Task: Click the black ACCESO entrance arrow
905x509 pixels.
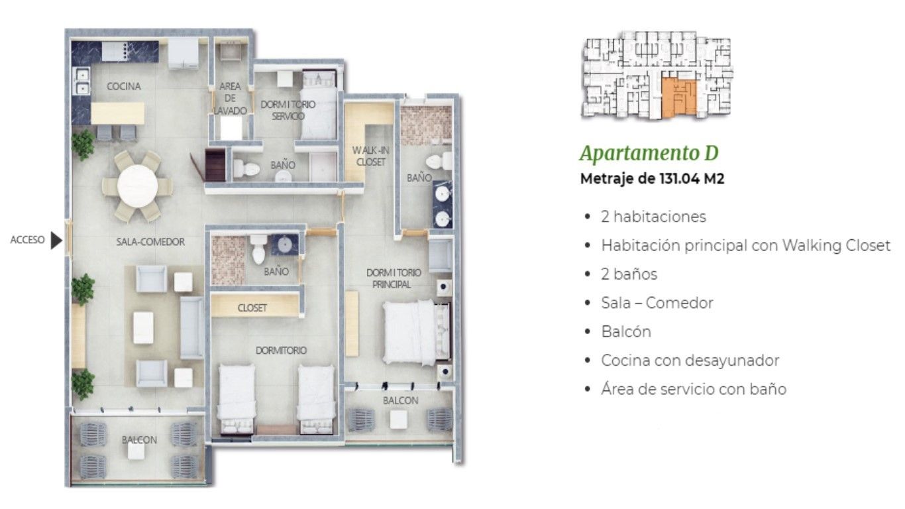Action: pyautogui.click(x=56, y=241)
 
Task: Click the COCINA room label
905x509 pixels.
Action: pyautogui.click(x=124, y=86)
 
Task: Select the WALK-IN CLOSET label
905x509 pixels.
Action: pyautogui.click(x=371, y=156)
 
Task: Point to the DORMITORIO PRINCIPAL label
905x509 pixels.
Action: pyautogui.click(x=391, y=278)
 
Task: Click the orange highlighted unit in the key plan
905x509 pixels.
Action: pyautogui.click(x=678, y=97)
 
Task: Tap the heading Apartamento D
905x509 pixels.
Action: pyautogui.click(x=649, y=153)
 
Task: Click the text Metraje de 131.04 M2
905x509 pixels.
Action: pyautogui.click(x=652, y=179)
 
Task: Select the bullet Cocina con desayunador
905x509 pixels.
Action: pyautogui.click(x=690, y=361)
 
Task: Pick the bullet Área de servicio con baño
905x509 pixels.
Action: pyautogui.click(x=694, y=389)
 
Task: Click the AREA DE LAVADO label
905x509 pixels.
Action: pyautogui.click(x=230, y=98)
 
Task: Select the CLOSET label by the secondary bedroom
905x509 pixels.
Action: pyautogui.click(x=252, y=308)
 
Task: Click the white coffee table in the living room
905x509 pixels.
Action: pyautogui.click(x=143, y=327)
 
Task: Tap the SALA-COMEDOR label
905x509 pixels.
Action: pyautogui.click(x=150, y=242)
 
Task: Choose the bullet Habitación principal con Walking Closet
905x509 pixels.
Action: pyautogui.click(x=745, y=245)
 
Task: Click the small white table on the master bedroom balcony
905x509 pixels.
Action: pyautogui.click(x=398, y=419)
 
